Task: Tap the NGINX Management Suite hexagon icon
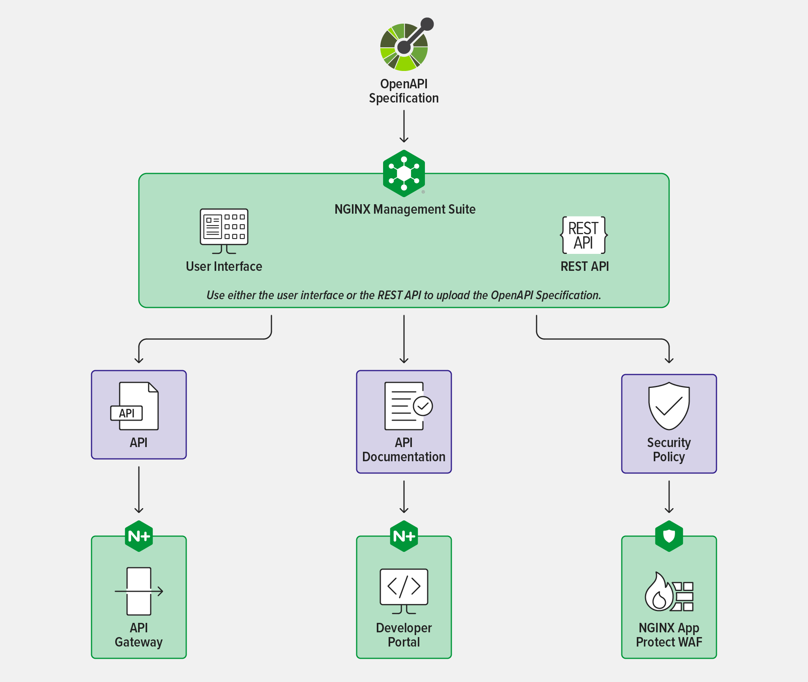404,173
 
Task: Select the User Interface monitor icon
224,231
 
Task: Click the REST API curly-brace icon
584,235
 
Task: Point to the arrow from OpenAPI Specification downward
404,126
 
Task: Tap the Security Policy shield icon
669,406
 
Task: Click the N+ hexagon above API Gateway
139,536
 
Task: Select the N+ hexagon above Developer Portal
404,536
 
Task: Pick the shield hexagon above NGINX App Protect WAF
669,536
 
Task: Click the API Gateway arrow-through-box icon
139,591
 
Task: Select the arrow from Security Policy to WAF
669,497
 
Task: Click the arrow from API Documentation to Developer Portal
404,497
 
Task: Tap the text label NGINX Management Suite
405,209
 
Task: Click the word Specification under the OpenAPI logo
404,98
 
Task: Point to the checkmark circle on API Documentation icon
423,406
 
